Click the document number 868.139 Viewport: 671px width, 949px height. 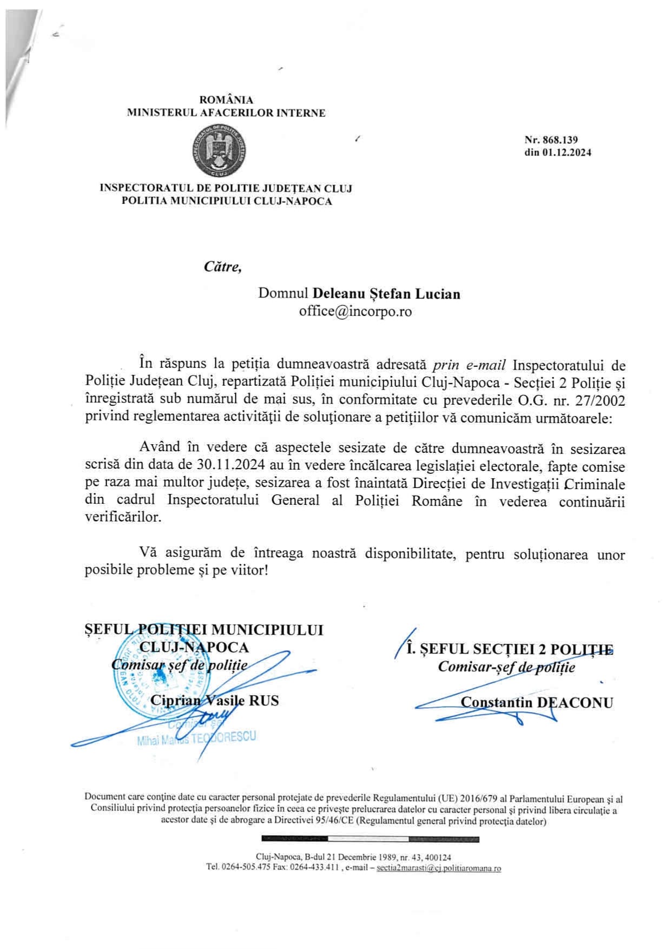pos(558,140)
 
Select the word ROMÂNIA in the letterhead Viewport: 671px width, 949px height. pos(226,100)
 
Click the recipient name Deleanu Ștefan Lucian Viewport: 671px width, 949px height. pos(386,294)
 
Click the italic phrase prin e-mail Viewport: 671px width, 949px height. pos(469,365)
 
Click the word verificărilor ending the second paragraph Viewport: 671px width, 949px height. pos(123,517)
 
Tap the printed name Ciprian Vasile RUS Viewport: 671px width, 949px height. pos(214,701)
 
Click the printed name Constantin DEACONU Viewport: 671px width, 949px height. pos(537,702)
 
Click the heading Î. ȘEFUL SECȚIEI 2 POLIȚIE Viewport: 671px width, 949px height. pos(510,649)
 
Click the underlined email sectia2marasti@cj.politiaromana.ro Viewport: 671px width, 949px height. pos(438,868)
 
